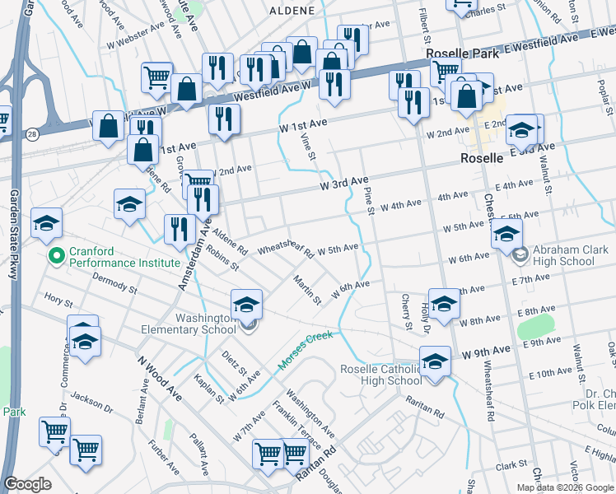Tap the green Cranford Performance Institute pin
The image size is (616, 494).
(56, 256)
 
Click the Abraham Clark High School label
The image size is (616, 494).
(564, 255)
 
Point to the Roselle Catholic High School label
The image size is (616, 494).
(381, 375)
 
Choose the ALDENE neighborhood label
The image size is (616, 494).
(292, 11)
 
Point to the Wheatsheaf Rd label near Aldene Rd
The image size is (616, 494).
(286, 249)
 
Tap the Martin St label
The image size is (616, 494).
(307, 290)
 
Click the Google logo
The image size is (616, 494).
(28, 484)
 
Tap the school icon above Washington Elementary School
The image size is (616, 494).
(246, 305)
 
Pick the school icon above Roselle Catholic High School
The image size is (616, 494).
(435, 361)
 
